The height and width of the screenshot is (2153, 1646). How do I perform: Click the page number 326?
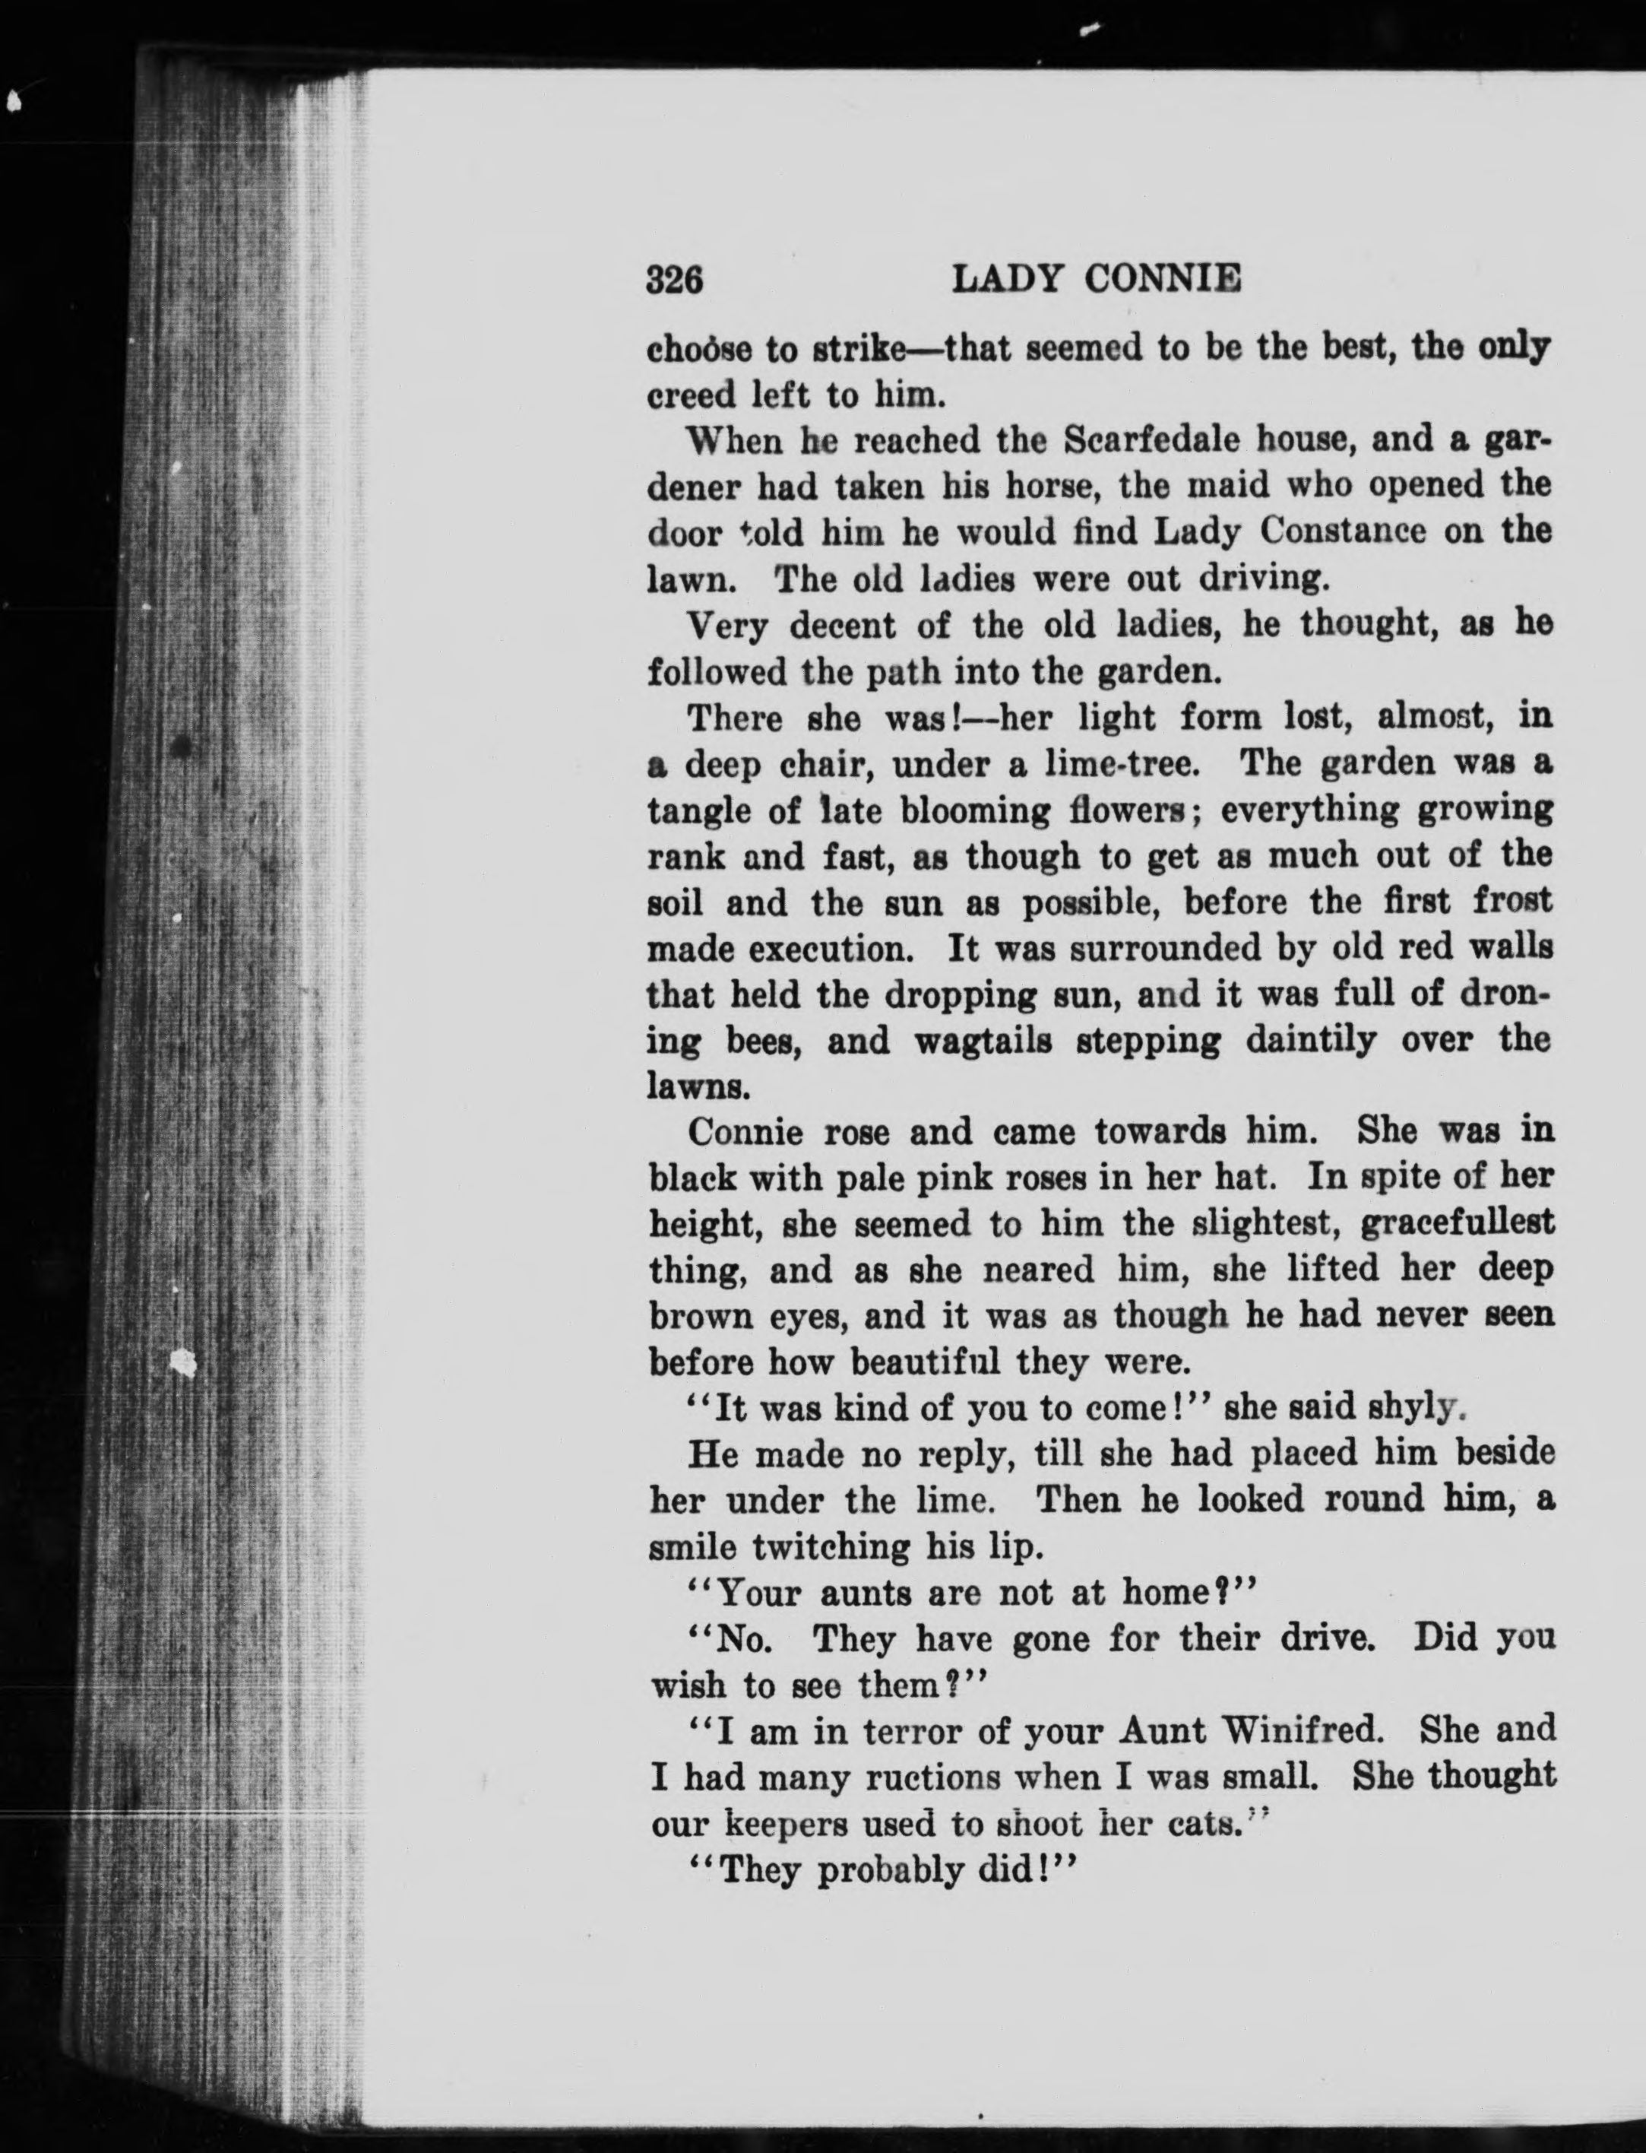pos(675,281)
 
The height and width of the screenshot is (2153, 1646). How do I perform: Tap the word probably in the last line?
pos(890,1869)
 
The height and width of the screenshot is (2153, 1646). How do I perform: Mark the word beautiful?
pos(922,1362)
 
